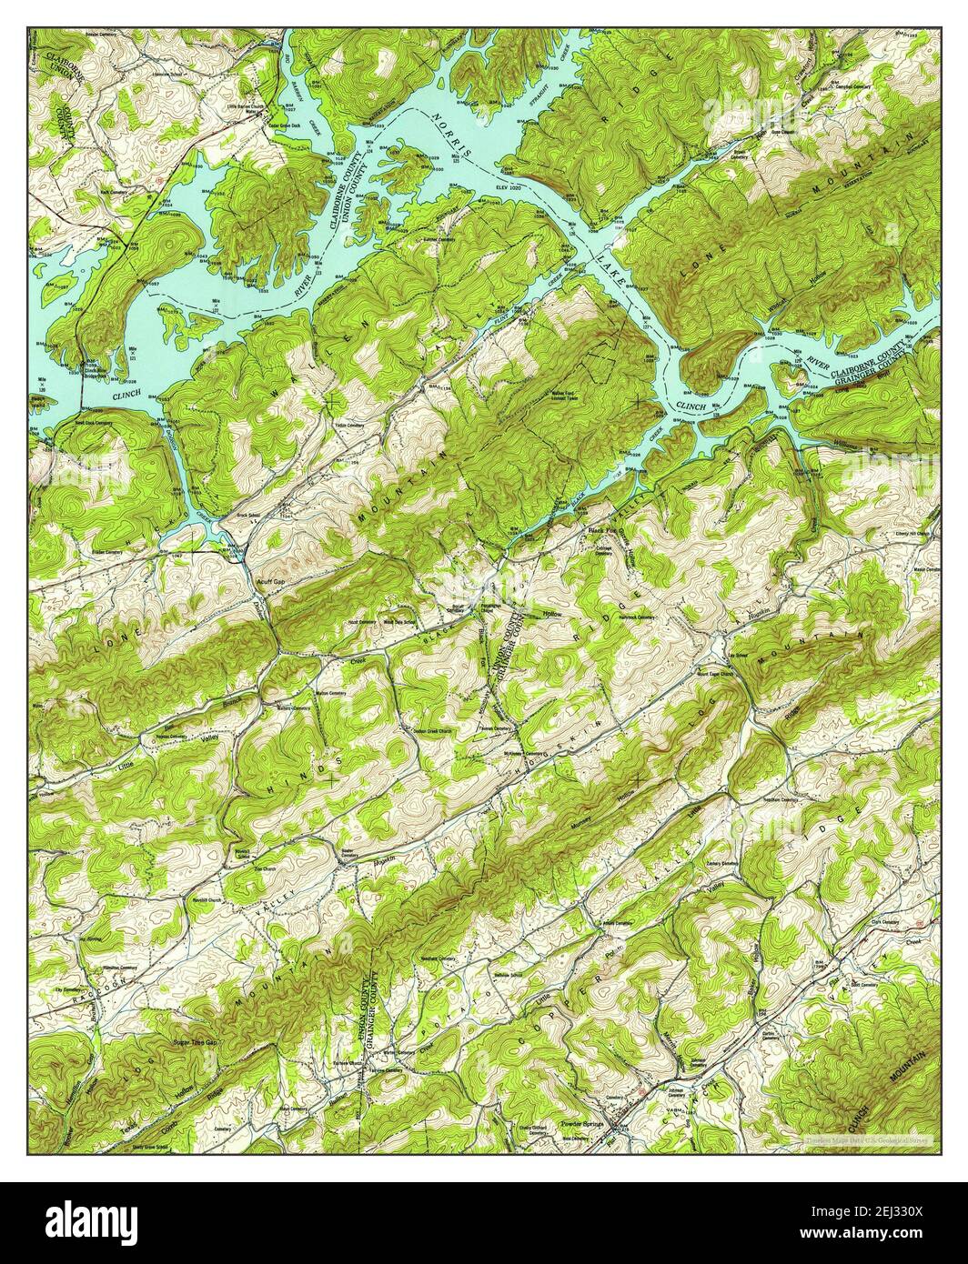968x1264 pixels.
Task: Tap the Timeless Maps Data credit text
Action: (865, 1139)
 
